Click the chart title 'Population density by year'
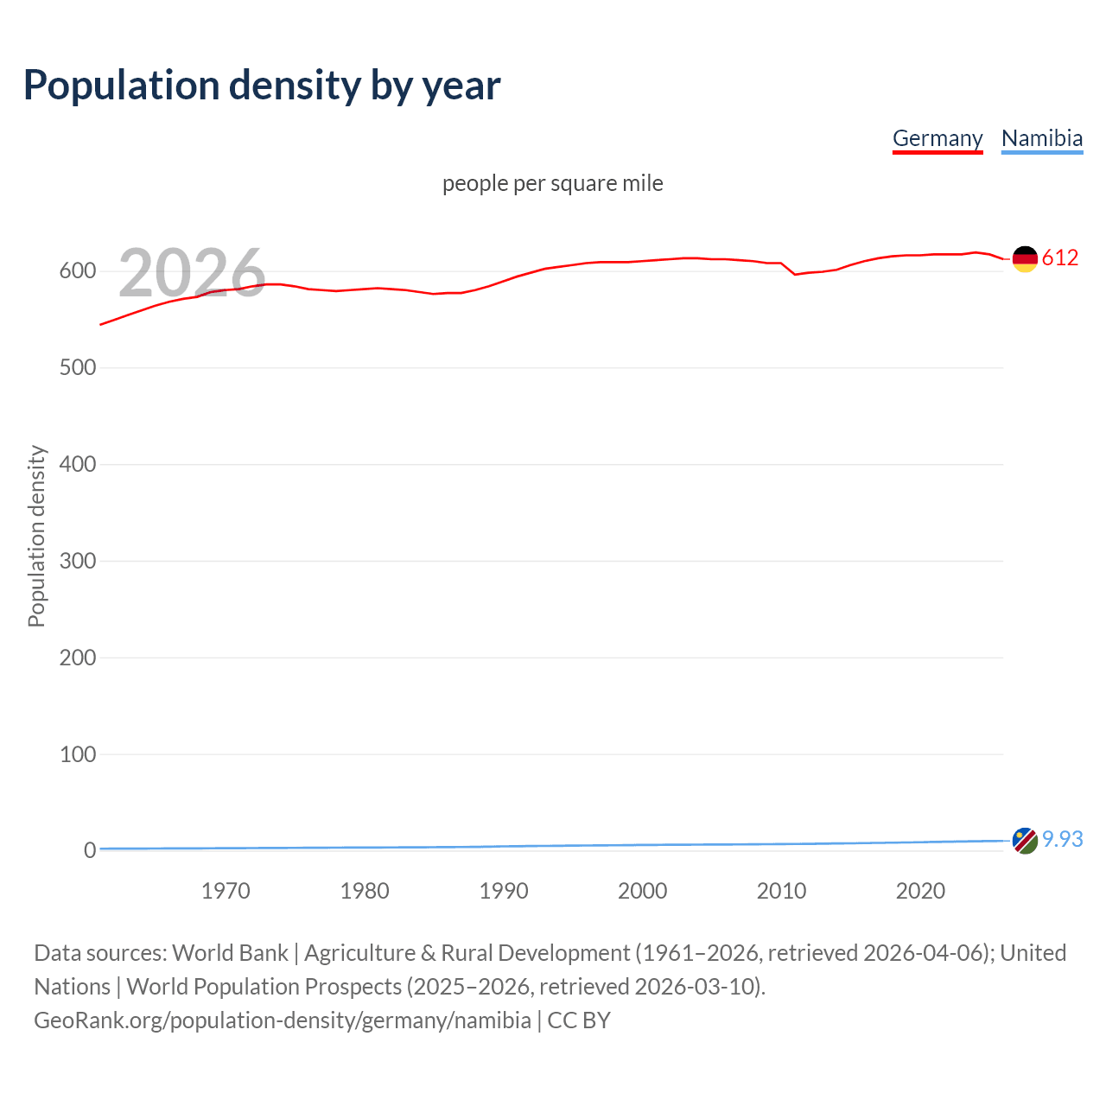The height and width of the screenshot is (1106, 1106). (x=262, y=86)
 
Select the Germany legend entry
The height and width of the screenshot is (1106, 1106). (x=938, y=138)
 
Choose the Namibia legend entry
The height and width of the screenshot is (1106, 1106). (x=1041, y=138)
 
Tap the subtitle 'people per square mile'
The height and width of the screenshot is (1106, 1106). (x=552, y=183)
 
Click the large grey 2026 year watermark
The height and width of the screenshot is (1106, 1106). (x=192, y=272)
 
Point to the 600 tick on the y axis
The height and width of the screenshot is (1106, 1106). (x=78, y=271)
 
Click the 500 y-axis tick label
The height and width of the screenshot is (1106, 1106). (x=78, y=368)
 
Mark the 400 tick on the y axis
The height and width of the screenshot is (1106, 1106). (x=78, y=465)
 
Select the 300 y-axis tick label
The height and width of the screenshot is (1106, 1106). (x=78, y=562)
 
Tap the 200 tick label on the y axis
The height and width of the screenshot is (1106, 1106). (x=78, y=658)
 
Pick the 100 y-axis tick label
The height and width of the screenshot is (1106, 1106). (x=78, y=754)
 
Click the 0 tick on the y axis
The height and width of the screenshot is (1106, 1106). (x=90, y=851)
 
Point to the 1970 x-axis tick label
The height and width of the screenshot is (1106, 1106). (x=226, y=891)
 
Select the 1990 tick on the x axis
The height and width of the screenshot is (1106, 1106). (x=504, y=891)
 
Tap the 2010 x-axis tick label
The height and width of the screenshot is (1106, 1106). (x=781, y=891)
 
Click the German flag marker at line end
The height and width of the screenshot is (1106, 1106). (x=1025, y=258)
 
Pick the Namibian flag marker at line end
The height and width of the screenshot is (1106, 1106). (x=1025, y=840)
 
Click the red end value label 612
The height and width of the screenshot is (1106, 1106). (x=1060, y=258)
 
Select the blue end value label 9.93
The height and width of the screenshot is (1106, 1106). (x=1063, y=840)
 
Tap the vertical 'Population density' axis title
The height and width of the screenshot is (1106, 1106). (x=36, y=536)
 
